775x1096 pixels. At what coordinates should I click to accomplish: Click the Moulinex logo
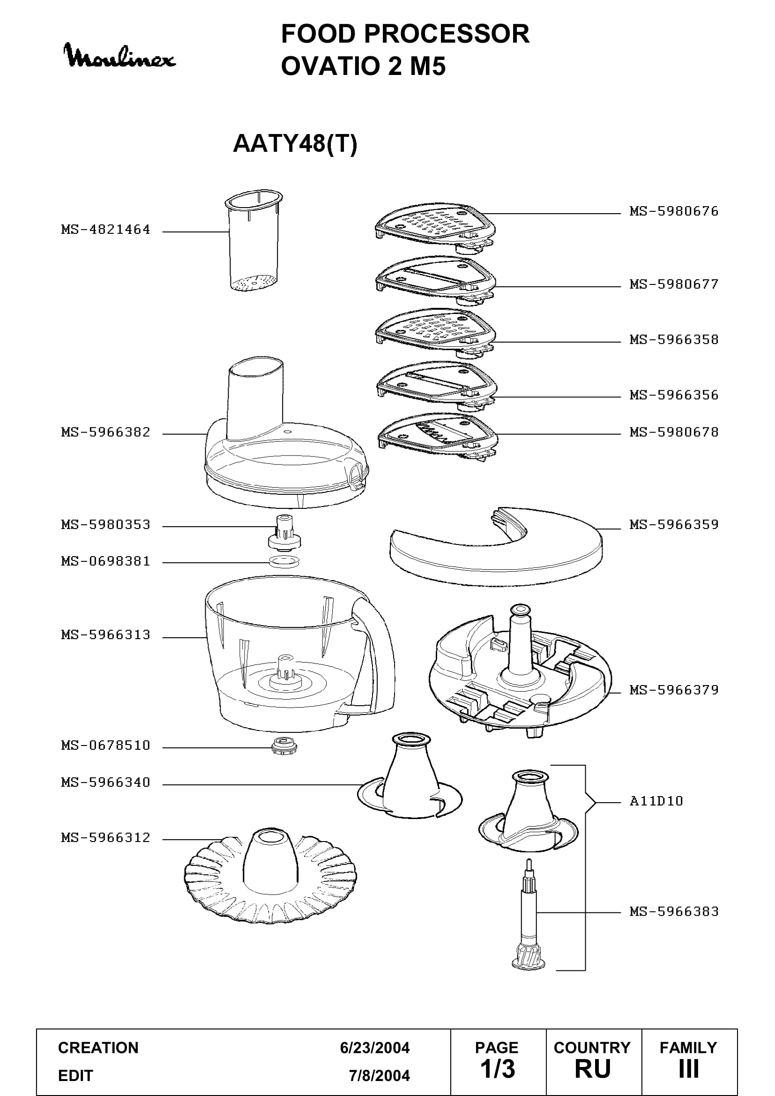120,56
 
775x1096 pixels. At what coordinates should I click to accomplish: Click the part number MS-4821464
105,230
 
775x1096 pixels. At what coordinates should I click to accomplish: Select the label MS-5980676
674,211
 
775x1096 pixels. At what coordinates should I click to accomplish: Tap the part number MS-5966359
674,525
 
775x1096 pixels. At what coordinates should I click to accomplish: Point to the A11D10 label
656,800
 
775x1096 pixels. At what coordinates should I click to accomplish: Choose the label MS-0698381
105,561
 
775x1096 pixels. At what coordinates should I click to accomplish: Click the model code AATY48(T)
295,143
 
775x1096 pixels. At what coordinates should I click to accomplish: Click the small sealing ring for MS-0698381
284,561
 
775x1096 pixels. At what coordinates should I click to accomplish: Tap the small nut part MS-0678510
282,745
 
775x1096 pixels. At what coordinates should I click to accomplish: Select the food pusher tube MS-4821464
253,240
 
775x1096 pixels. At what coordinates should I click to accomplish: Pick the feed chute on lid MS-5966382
255,399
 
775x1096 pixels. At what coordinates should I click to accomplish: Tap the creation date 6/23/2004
375,1048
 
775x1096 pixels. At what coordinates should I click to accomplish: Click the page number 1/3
497,1069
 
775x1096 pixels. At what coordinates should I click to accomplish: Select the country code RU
593,1069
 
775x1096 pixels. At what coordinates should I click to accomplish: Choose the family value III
689,1069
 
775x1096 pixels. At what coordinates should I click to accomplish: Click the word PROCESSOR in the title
446,34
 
